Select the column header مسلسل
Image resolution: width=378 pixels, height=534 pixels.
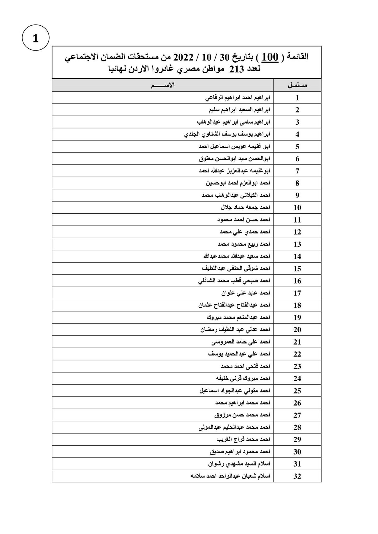pyautogui.click(x=297, y=85)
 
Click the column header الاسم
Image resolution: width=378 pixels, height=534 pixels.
pyautogui.click(x=162, y=85)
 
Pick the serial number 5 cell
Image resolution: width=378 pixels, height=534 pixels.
pyautogui.click(x=297, y=147)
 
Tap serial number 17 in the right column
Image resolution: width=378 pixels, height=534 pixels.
pyautogui.click(x=297, y=293)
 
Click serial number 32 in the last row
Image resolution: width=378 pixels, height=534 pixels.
pyautogui.click(x=297, y=476)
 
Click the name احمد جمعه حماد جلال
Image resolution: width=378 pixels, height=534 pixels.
pyautogui.click(x=245, y=207)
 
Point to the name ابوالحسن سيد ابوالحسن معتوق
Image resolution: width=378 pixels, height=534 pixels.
pyautogui.click(x=234, y=159)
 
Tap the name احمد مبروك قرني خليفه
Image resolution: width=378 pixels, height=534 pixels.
pyautogui.click(x=243, y=379)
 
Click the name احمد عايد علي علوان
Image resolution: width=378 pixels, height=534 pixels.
pyautogui.click(x=246, y=293)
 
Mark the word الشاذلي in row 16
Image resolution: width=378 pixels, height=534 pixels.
pyautogui.click(x=208, y=281)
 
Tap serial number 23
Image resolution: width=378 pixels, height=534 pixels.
pyautogui.click(x=297, y=366)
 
